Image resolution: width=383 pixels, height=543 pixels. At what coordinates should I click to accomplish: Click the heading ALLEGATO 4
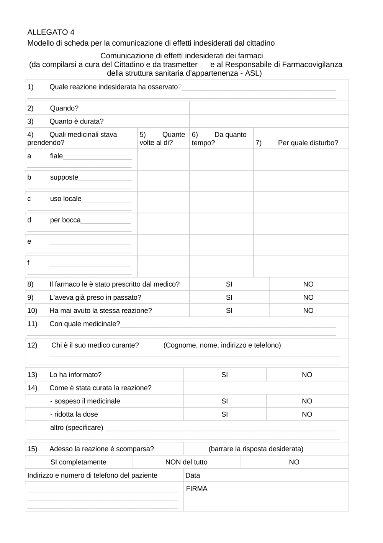click(51, 32)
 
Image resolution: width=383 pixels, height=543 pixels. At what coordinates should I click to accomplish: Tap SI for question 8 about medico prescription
click(229, 284)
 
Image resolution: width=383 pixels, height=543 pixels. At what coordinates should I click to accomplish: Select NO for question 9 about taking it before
click(308, 297)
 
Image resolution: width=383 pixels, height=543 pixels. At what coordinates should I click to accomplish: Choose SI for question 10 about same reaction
click(229, 310)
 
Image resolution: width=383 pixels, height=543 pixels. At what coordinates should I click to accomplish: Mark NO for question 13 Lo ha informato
click(307, 375)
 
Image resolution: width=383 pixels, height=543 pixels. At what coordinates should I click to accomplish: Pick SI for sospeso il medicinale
click(224, 401)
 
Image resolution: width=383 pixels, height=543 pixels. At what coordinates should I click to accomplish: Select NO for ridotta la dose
click(307, 414)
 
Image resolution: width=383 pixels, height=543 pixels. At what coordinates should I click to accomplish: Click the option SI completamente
click(79, 462)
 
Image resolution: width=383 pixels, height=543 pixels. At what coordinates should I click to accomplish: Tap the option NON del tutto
click(186, 462)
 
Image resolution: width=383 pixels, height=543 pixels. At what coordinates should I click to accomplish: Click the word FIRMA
click(196, 489)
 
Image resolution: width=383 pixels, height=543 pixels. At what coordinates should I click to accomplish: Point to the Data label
click(193, 475)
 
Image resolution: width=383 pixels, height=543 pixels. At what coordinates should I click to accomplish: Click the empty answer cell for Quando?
click(269, 108)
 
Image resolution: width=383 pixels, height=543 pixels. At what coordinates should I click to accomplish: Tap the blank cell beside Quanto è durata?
click(269, 121)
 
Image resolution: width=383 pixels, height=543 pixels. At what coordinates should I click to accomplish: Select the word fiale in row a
click(56, 156)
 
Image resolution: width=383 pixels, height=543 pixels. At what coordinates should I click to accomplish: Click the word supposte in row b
click(64, 177)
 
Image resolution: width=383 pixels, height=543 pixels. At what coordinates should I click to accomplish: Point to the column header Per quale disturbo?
click(308, 143)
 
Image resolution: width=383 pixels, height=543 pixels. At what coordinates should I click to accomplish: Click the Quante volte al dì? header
click(162, 139)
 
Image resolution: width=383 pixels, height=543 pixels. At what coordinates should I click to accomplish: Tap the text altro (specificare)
click(77, 427)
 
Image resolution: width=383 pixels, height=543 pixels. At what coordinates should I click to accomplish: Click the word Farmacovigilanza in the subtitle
click(312, 64)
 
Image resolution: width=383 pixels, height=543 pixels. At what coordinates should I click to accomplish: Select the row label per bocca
click(65, 220)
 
